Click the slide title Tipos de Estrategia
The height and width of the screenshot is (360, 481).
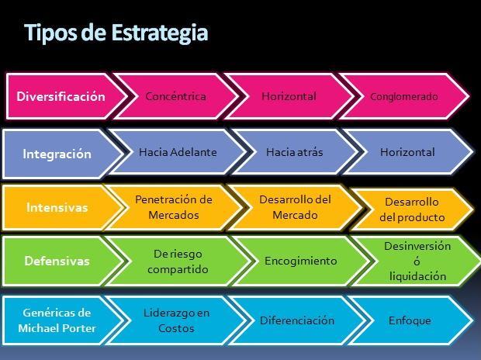[x=116, y=33]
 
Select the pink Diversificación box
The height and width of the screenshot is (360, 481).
[x=61, y=97]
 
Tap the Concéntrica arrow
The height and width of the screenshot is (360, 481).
[x=175, y=97]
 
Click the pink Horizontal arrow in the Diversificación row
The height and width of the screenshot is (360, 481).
[x=289, y=97]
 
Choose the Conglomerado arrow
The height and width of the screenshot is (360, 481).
[x=403, y=97]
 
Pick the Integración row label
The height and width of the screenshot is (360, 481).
[x=57, y=154]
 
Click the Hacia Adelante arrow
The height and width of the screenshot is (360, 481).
[x=177, y=152]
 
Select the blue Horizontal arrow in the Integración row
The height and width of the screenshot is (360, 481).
[x=407, y=152]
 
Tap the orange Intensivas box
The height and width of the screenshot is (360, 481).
[x=57, y=208]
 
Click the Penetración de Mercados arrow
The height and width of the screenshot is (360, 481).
[x=173, y=207]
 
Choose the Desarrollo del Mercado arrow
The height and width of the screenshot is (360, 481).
[x=295, y=207]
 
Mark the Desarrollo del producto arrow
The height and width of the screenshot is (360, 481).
[x=412, y=209]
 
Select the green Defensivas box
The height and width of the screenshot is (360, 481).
[x=57, y=261]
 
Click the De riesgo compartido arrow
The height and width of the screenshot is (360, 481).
[x=181, y=261]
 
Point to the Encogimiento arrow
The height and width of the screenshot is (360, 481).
[x=300, y=261]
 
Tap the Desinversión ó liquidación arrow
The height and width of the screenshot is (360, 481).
[x=417, y=261]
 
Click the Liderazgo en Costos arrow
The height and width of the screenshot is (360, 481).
[x=176, y=320]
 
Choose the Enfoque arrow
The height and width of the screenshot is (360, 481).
[x=410, y=320]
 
